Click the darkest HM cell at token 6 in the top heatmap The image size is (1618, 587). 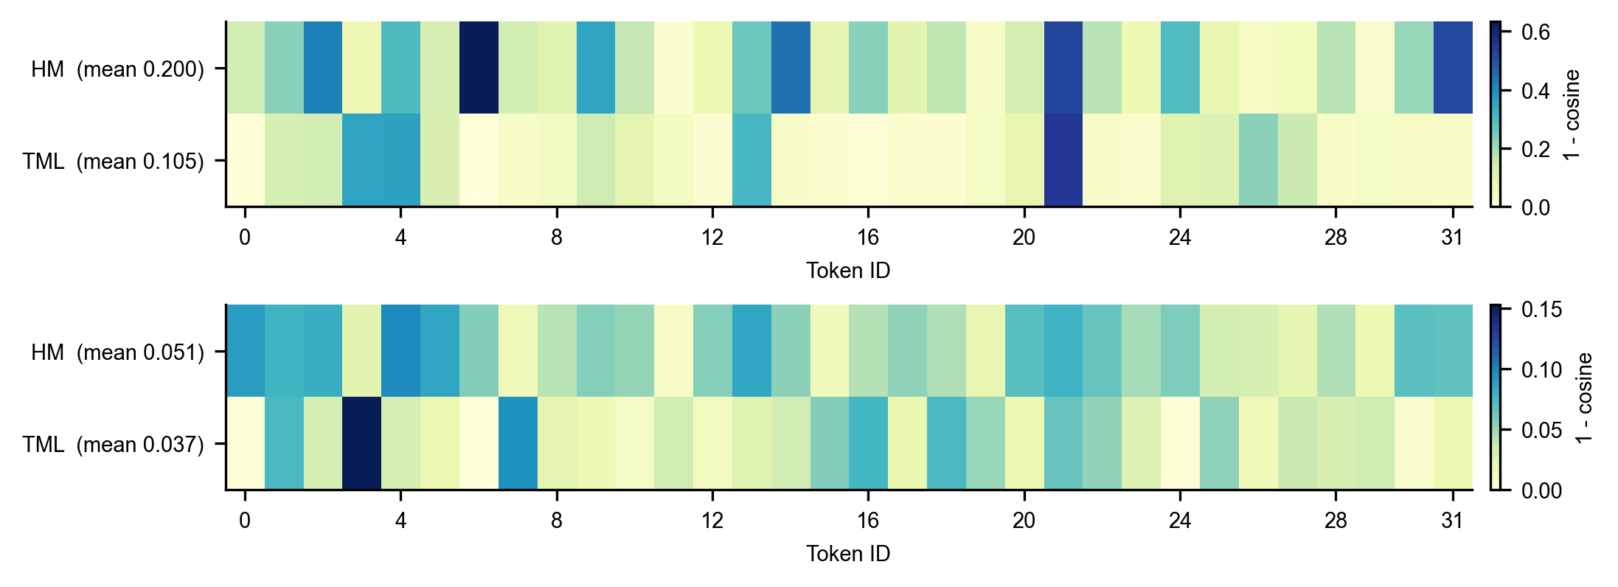coord(479,67)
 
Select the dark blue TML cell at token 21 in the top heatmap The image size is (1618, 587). coord(1063,160)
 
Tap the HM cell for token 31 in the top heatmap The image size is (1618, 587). coord(1453,67)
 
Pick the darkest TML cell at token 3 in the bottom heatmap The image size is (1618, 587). coord(361,443)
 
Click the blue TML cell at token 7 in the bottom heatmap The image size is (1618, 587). coord(518,443)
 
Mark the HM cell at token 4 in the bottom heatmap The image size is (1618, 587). coord(400,350)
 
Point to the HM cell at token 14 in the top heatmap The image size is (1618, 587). coord(791,67)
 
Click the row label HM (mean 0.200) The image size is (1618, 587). coord(117,69)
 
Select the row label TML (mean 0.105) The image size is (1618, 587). coord(113,161)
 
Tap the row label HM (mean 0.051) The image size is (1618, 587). coord(117,352)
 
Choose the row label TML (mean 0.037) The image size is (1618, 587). coord(113,444)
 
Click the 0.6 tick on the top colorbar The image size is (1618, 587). coord(1535,32)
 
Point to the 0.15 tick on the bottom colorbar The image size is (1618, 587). coord(1541,309)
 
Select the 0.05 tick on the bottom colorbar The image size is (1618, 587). coord(1541,430)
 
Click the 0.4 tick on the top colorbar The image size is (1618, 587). coord(1535,91)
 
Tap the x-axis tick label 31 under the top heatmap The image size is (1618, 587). coord(1452,237)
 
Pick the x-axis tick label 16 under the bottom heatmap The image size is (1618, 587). coord(868,521)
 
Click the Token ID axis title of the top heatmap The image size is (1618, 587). coord(848,271)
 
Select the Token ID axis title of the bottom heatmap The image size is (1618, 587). coord(848,554)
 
